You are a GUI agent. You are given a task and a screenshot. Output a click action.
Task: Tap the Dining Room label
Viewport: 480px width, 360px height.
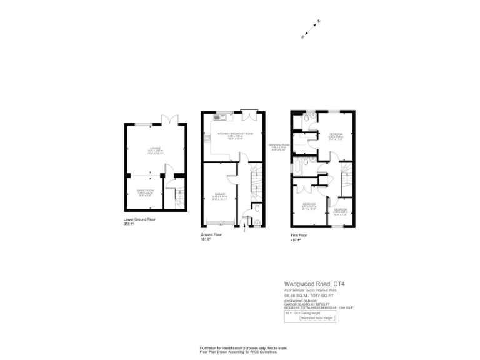click(145, 192)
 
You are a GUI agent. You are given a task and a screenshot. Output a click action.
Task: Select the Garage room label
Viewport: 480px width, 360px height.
click(218, 196)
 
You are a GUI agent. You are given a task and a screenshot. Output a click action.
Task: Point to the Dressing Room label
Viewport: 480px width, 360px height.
click(279, 147)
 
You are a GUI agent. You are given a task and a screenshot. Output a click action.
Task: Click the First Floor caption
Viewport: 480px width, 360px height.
click(299, 236)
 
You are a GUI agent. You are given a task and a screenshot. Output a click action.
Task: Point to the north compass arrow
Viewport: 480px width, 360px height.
click(318, 22)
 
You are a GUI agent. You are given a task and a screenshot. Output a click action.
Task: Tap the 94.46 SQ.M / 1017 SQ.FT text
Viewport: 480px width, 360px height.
click(316, 296)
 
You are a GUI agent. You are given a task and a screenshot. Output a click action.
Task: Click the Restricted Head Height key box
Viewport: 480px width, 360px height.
click(316, 318)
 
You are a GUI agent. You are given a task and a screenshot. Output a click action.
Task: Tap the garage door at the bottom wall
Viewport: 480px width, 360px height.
click(218, 222)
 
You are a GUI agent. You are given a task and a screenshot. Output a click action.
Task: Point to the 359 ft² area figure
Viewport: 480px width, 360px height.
click(130, 224)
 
